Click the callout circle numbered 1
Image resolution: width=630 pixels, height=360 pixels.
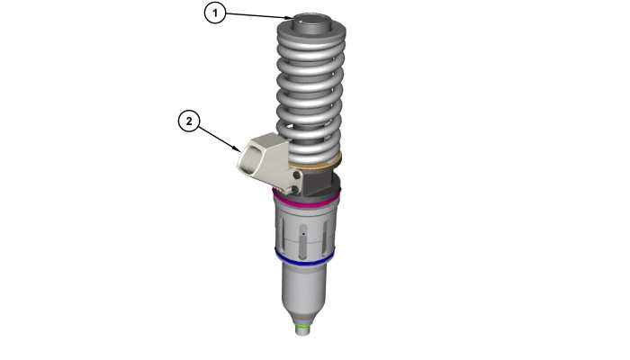(215, 13)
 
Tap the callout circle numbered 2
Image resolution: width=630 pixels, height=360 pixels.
(189, 121)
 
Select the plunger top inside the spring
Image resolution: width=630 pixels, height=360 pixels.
(311, 21)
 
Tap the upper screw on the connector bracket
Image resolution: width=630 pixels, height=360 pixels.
(297, 175)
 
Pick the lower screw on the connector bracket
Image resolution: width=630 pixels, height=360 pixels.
(296, 189)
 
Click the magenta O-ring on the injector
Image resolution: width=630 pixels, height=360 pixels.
(306, 200)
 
